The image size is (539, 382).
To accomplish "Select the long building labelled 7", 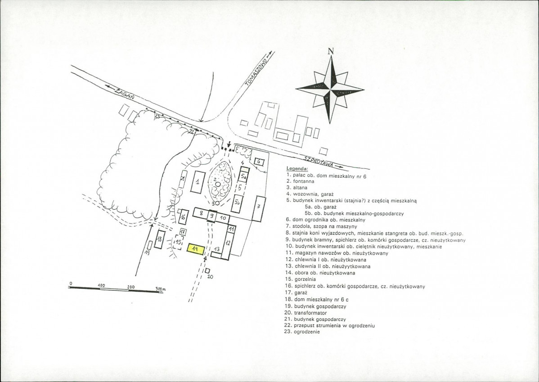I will tap(258, 208).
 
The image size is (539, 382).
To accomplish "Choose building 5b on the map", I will tap(238, 203).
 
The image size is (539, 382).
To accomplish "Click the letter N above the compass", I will tap(331, 51).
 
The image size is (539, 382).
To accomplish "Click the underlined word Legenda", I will tap(295, 169).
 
